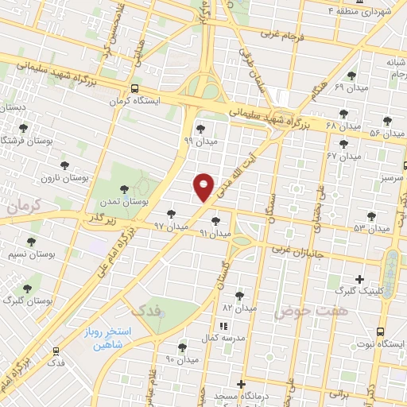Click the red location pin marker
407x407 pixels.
point(203,187)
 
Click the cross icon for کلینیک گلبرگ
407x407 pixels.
point(360,279)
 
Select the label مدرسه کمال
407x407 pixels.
point(219,339)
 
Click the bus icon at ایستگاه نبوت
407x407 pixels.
point(381,331)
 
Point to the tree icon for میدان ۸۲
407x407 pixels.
point(239,295)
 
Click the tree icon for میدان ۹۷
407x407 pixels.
point(172,214)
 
